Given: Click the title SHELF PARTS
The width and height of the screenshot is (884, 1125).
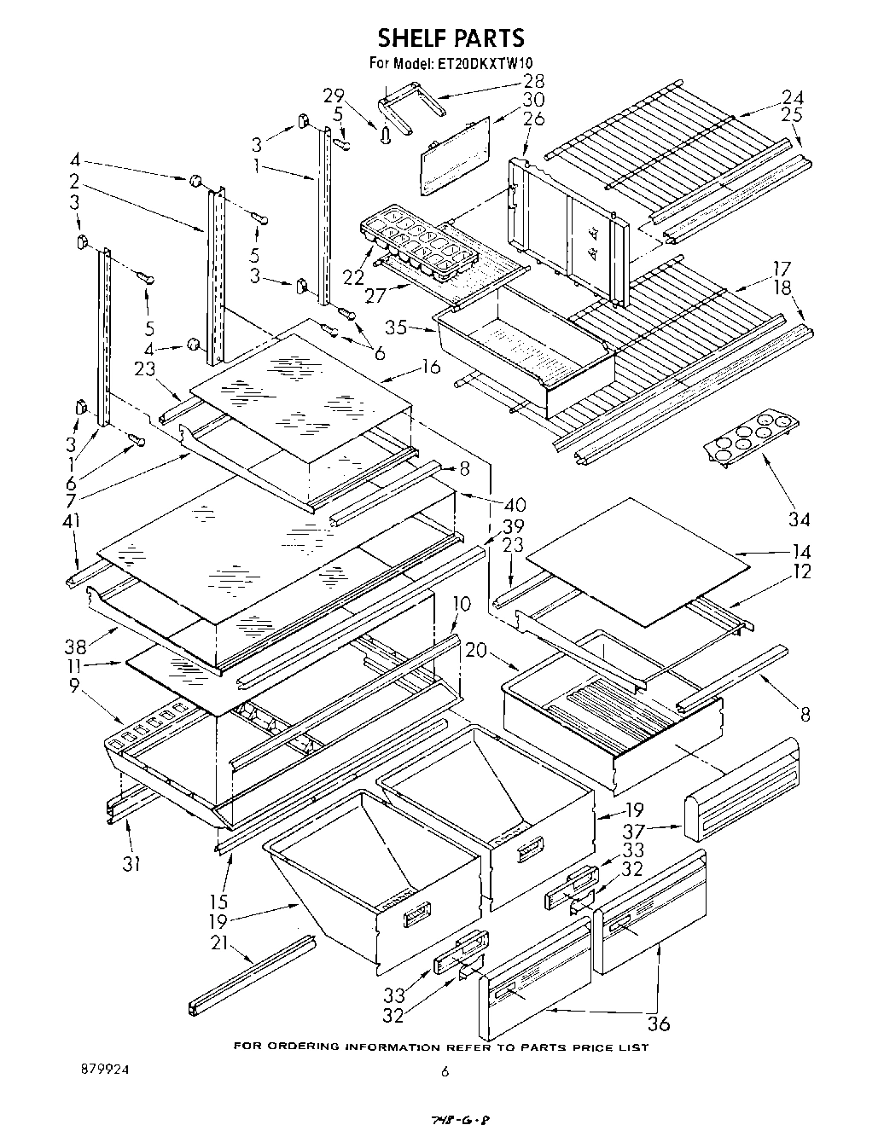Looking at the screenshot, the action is pyautogui.click(x=451, y=38).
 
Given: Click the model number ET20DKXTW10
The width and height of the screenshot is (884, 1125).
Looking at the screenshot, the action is pyautogui.click(x=474, y=62).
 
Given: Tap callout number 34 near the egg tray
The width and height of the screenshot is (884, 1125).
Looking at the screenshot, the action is pyautogui.click(x=800, y=519).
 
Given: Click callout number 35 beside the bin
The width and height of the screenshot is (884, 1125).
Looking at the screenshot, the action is pyautogui.click(x=394, y=326).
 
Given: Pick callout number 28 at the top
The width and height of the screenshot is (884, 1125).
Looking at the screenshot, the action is pyautogui.click(x=534, y=81).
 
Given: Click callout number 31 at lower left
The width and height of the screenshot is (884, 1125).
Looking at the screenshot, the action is pyautogui.click(x=130, y=864).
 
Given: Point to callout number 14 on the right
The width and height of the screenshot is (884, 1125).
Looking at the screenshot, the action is pyautogui.click(x=800, y=551).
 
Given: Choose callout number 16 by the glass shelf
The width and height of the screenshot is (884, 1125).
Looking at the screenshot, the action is pyautogui.click(x=431, y=368).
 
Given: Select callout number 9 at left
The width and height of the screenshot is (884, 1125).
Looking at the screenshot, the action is pyautogui.click(x=75, y=685).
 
